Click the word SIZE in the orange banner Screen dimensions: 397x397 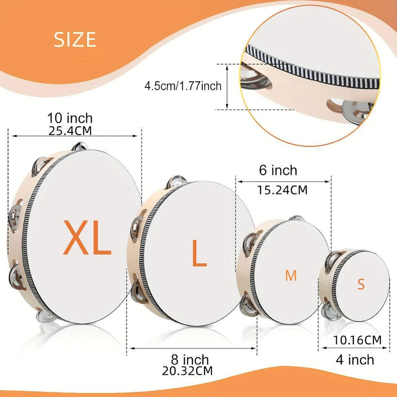click(75, 39)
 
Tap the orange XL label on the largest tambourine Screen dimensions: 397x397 click(87, 238)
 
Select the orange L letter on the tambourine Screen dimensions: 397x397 click(199, 253)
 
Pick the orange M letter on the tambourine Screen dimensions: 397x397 click(291, 276)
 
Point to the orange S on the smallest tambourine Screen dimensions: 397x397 click(361, 284)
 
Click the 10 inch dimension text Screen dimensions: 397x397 click(70, 118)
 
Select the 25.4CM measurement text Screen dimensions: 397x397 click(70, 131)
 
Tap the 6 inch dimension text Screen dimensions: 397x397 click(278, 170)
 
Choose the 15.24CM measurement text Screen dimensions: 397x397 click(282, 190)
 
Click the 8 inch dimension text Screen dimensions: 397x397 click(190, 360)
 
